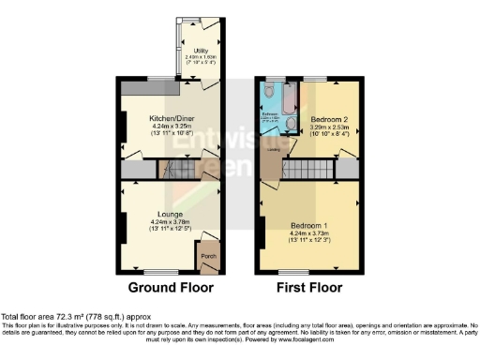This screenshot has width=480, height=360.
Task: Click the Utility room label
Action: click(x=201, y=51)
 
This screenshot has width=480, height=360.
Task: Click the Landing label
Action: click(x=273, y=148)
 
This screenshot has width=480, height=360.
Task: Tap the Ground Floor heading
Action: click(x=171, y=288)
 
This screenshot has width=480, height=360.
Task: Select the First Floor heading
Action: click(x=310, y=288)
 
